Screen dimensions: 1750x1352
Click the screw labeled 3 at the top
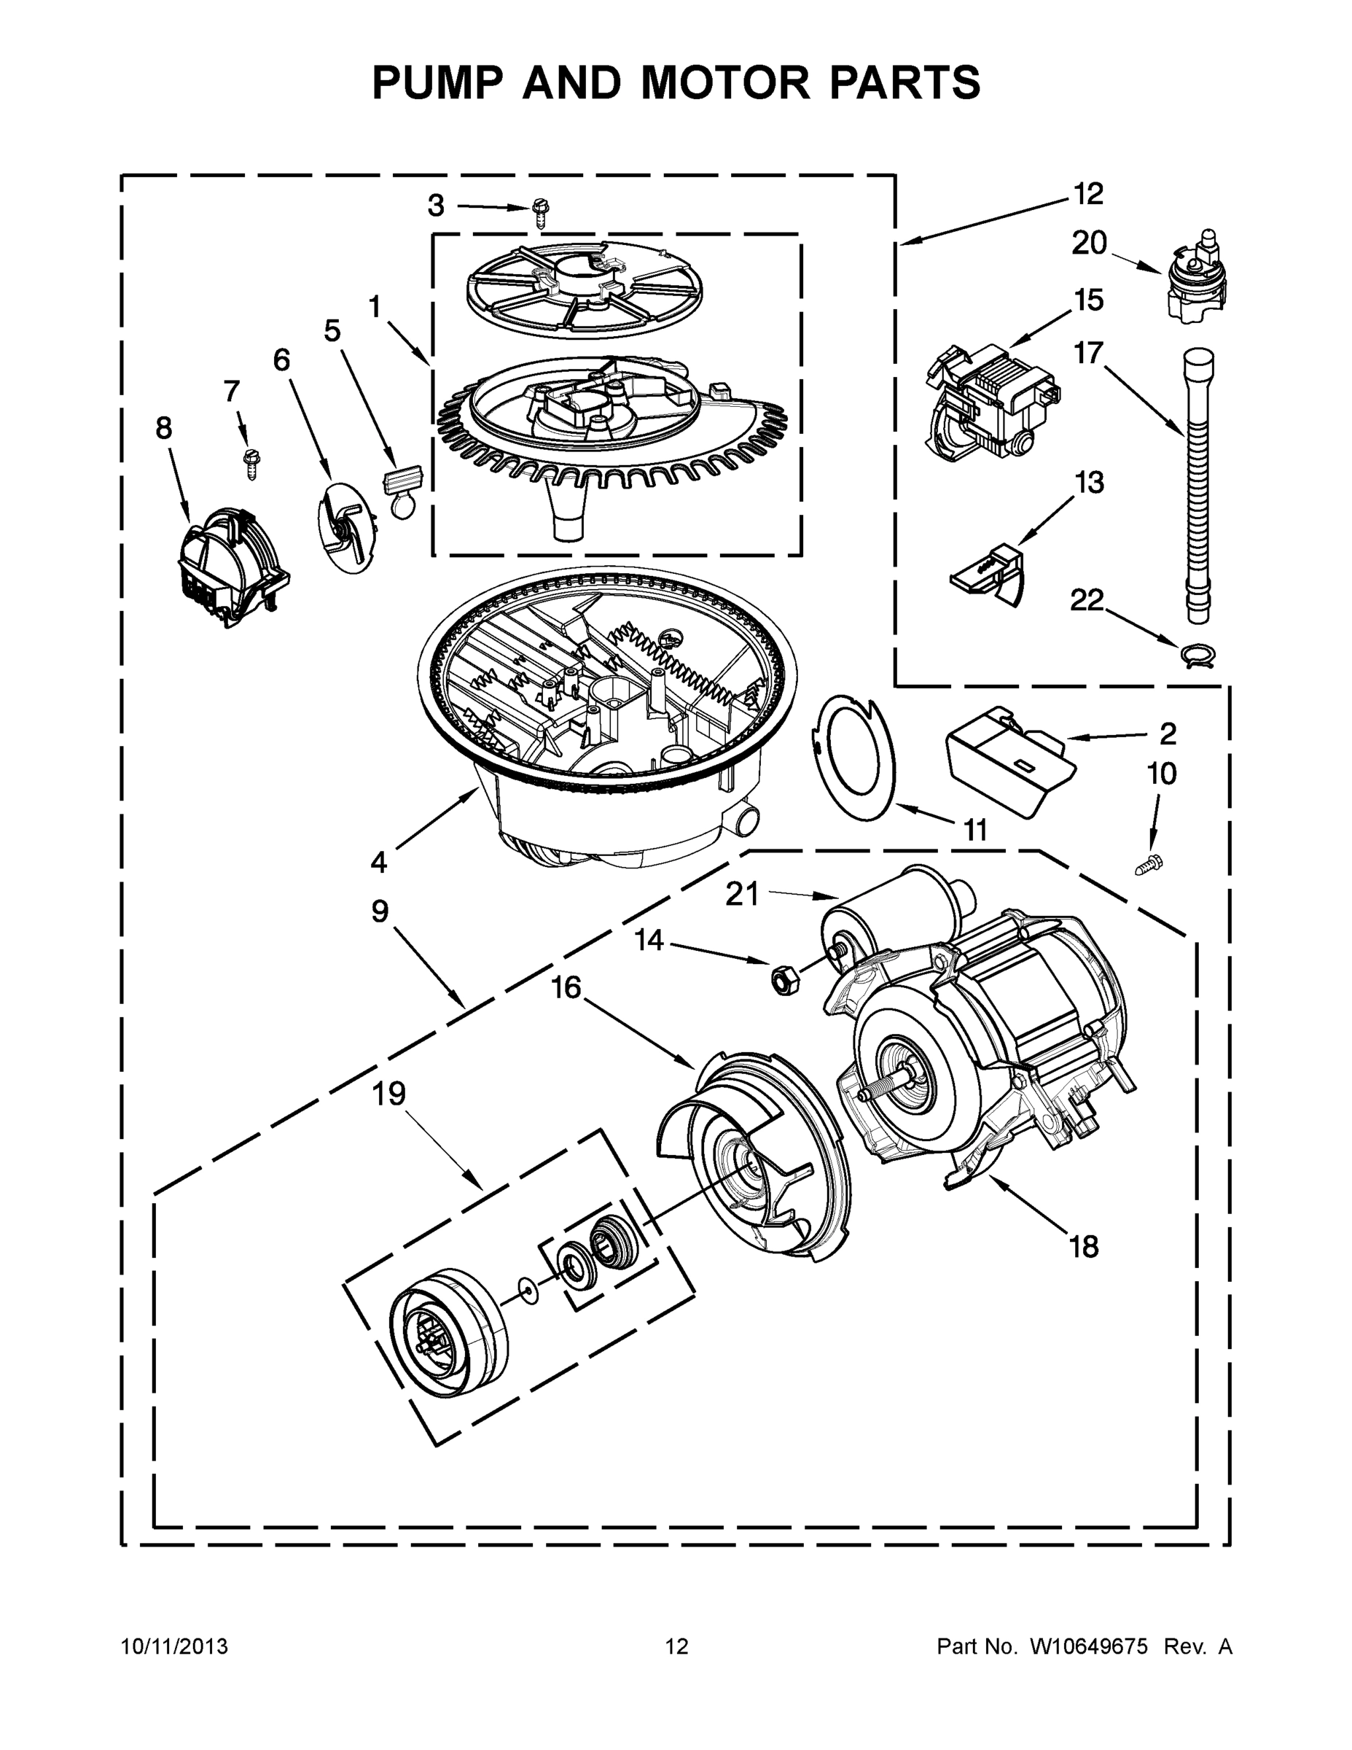(540, 213)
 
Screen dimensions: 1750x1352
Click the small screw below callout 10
(1149, 864)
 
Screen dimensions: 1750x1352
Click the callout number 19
(389, 1093)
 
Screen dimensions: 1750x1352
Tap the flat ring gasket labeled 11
(856, 755)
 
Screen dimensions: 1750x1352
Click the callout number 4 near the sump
(378, 862)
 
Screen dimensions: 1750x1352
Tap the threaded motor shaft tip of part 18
(869, 1094)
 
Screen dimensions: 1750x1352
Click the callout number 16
(566, 987)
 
